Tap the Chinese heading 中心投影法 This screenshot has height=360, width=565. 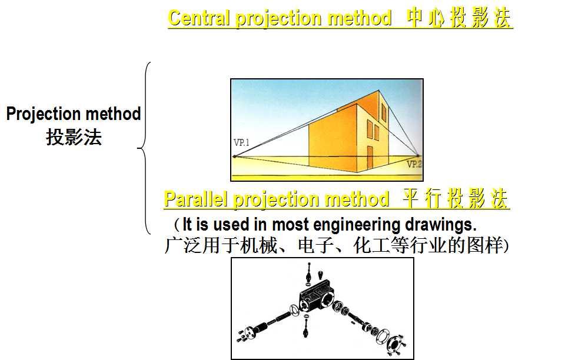[x=460, y=18]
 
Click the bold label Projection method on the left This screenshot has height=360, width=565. [x=74, y=114]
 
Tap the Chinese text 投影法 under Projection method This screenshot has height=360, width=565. [x=74, y=137]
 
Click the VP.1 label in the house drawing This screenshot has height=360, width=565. [x=241, y=142]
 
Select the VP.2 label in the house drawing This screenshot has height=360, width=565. [x=414, y=164]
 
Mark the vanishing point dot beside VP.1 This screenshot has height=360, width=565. [x=234, y=156]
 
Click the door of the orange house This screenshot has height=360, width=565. [x=370, y=155]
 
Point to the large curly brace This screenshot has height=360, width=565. [x=144, y=148]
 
